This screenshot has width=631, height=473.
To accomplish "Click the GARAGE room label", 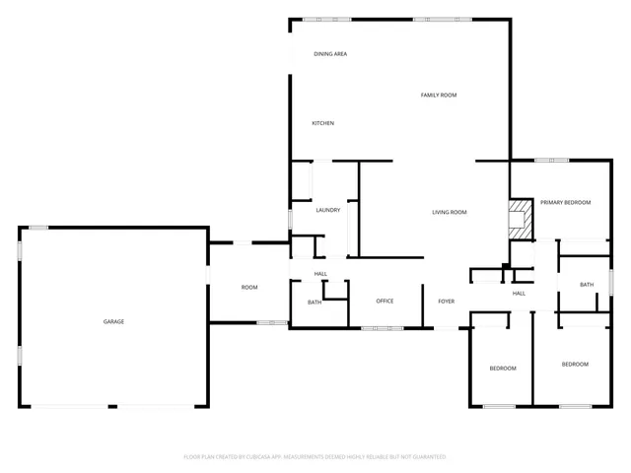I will (x=114, y=321).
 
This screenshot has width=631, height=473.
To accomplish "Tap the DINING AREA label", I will (x=330, y=54).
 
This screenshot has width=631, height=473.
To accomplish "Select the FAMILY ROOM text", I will (x=439, y=95).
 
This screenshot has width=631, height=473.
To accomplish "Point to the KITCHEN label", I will (x=322, y=123).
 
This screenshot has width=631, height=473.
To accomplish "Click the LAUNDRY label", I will (x=328, y=211).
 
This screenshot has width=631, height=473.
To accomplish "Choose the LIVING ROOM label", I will (x=450, y=212).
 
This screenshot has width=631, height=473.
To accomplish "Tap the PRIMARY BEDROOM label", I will (x=565, y=202).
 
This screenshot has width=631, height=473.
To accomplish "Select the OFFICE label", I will (x=385, y=301).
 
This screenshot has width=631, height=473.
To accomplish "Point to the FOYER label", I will (x=447, y=301).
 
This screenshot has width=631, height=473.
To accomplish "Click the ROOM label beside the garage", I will (x=249, y=287).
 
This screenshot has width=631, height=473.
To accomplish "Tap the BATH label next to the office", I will (x=315, y=303).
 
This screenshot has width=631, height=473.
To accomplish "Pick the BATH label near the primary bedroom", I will (x=587, y=285).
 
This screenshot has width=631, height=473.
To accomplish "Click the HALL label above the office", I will (x=320, y=274).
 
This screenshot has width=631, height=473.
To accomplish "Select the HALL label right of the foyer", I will (x=519, y=293).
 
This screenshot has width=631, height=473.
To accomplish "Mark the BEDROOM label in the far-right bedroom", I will (x=575, y=365).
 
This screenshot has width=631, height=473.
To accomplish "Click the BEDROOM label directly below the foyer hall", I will (x=503, y=369).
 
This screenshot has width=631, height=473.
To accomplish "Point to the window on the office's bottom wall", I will (x=382, y=328).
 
